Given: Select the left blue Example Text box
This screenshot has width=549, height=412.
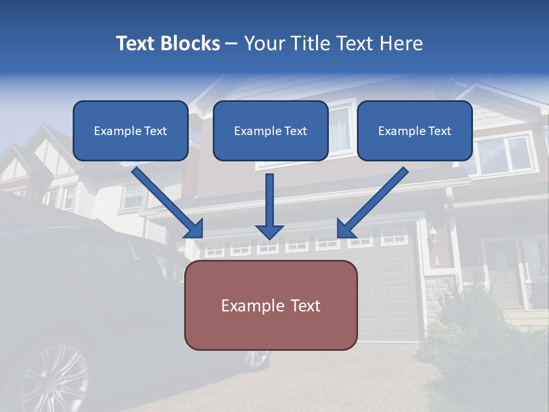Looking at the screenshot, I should [130, 131].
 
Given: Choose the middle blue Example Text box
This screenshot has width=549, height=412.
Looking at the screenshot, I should [270, 131].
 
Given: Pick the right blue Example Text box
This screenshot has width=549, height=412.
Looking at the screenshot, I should [415, 131].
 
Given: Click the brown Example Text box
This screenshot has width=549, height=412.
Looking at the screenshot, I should [270, 305].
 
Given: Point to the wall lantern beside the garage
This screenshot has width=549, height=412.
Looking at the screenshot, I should [433, 235].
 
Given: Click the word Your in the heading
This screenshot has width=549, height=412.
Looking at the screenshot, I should [263, 43].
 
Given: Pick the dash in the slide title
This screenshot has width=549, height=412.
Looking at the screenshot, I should [232, 44].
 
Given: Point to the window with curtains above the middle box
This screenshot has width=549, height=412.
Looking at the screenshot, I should [340, 129].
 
